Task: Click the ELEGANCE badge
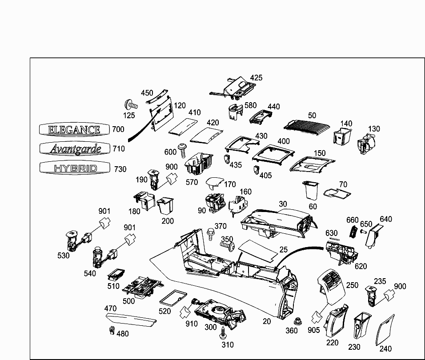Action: tap(75, 129)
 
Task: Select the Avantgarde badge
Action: tap(75, 148)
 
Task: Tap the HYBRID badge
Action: tap(75, 168)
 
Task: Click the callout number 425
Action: tap(256, 78)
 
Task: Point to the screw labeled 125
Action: tap(131, 105)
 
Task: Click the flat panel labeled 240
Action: tap(385, 331)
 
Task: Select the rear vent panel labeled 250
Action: tap(331, 284)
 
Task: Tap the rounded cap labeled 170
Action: tap(215, 184)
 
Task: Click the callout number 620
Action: tap(361, 266)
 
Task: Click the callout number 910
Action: tap(191, 324)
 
